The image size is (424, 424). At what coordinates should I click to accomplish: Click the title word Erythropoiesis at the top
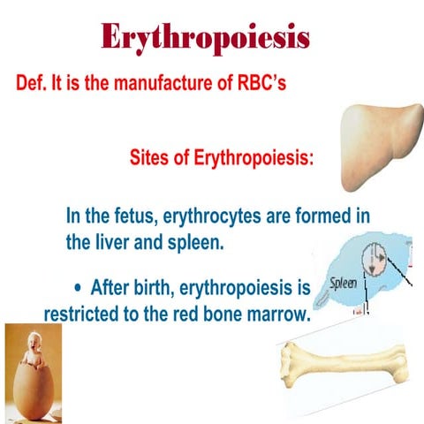pyautogui.click(x=205, y=36)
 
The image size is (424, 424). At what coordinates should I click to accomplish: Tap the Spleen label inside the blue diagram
pyautogui.click(x=344, y=284)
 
